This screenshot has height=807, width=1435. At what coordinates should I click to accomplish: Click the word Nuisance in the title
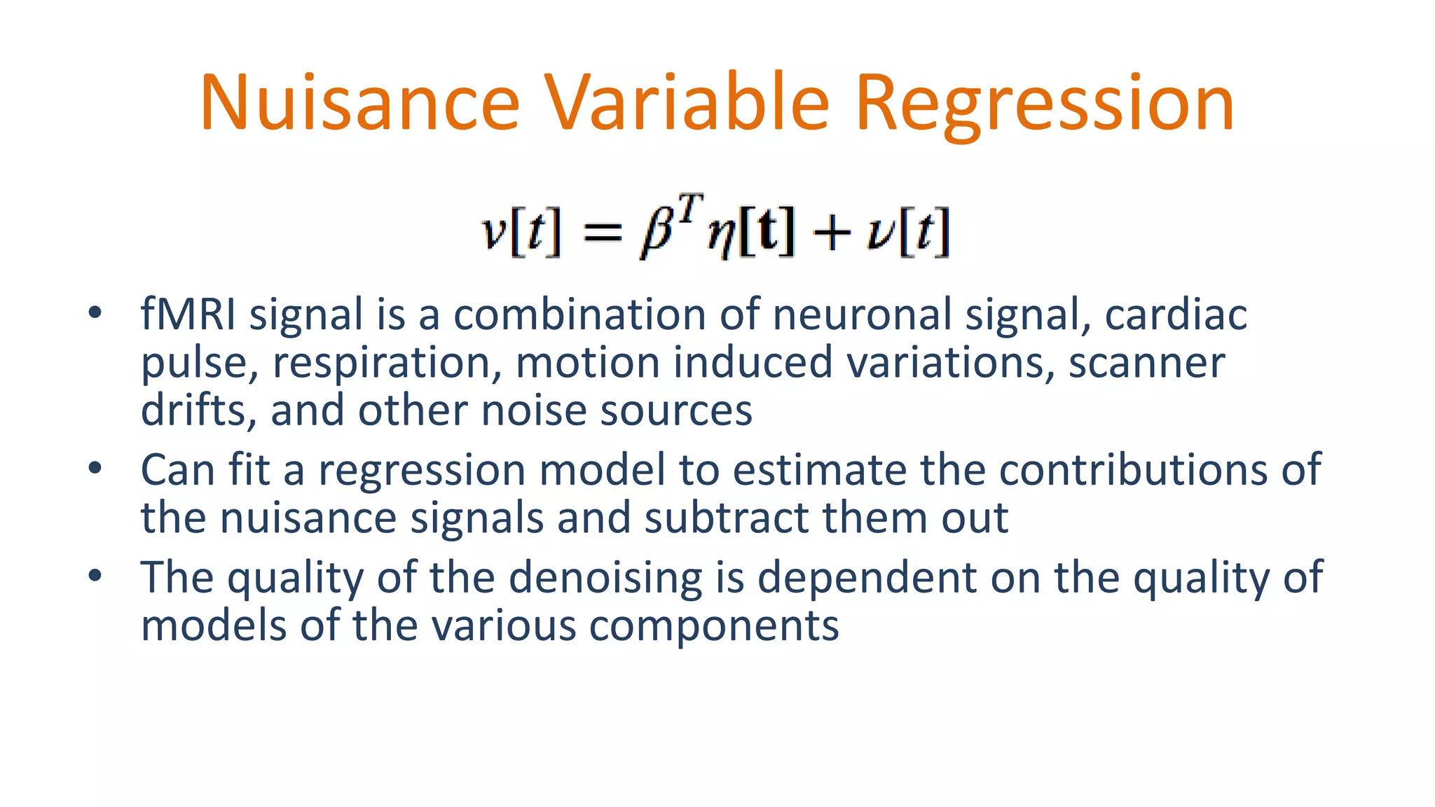pyautogui.click(x=359, y=103)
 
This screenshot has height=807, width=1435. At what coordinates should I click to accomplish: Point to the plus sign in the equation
pyautogui.click(x=832, y=233)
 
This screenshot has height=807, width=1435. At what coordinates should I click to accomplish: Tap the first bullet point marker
pyautogui.click(x=95, y=312)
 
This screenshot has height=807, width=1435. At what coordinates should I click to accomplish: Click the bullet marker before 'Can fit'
pyautogui.click(x=95, y=468)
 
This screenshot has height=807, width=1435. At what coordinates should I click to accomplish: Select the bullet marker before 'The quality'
pyautogui.click(x=95, y=576)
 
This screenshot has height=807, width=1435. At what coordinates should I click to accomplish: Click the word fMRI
pyautogui.click(x=188, y=314)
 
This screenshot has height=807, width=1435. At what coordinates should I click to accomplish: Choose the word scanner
pyautogui.click(x=1146, y=363)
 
